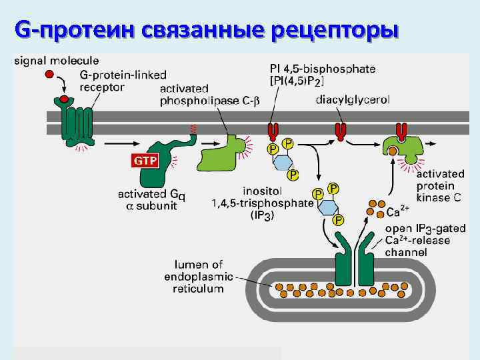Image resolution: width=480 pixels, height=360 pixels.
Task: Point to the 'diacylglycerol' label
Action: (353, 99)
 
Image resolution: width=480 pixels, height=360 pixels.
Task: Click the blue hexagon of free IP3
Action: (328, 206)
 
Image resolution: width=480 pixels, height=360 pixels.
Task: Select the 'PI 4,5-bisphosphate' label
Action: (323, 74)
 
